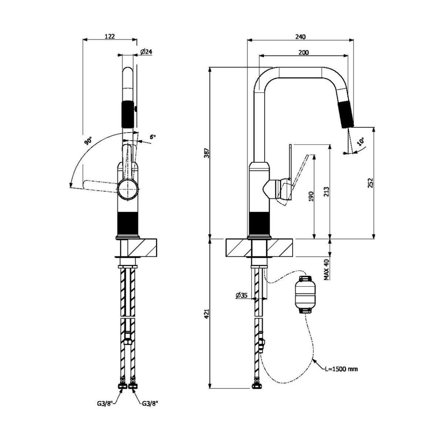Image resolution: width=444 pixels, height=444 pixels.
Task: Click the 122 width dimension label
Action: tap(110, 36)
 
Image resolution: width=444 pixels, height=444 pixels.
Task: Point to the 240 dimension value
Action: tap(300, 36)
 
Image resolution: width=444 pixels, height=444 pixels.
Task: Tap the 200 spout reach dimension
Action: tap(303, 53)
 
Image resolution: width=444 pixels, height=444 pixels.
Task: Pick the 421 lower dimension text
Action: tap(207, 314)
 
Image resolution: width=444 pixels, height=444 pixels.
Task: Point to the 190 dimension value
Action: tap(311, 196)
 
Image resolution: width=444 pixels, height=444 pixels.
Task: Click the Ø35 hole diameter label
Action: tap(241, 295)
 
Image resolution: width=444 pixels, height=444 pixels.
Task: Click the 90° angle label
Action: tap(88, 141)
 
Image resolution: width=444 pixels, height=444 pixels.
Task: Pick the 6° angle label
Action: tap(152, 137)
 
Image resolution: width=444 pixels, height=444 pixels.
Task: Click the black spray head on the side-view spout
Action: tap(346, 114)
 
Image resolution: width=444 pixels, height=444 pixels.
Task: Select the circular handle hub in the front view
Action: tap(128, 189)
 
